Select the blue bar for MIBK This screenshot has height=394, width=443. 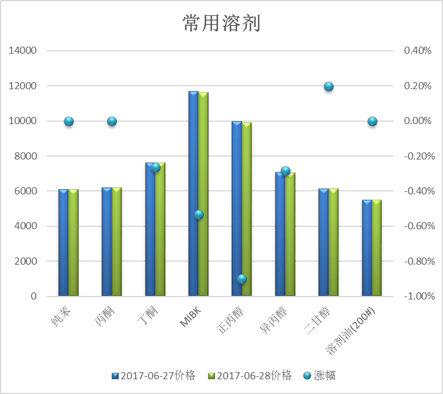point(193,195)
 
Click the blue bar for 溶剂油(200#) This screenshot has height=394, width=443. point(367,248)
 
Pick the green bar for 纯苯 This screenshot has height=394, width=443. point(73,242)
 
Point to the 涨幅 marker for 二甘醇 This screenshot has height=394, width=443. point(329,87)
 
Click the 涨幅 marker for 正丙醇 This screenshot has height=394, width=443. point(242,279)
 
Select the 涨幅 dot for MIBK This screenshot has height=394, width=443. point(199,215)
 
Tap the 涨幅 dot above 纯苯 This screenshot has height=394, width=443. point(69,121)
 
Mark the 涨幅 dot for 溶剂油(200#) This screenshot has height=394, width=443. point(372,121)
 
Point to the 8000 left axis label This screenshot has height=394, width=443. point(25,156)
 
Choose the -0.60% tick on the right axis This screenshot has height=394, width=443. point(418,226)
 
